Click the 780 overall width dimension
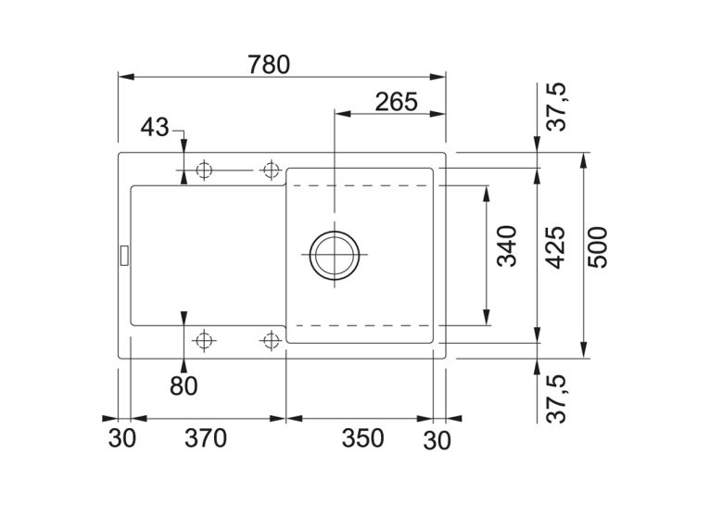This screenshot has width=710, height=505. point(269,65)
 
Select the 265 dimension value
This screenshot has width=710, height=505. point(396,102)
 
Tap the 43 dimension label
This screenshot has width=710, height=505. point(155,127)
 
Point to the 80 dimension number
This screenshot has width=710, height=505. point(184,386)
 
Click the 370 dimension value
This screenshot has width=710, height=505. point(206,438)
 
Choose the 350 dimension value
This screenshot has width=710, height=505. point(362,438)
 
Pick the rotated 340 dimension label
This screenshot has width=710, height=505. point(507,246)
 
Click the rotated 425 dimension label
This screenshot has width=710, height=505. point(555,247)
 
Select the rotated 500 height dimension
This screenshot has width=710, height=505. point(597,247)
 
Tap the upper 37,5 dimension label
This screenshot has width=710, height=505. point(556,107)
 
